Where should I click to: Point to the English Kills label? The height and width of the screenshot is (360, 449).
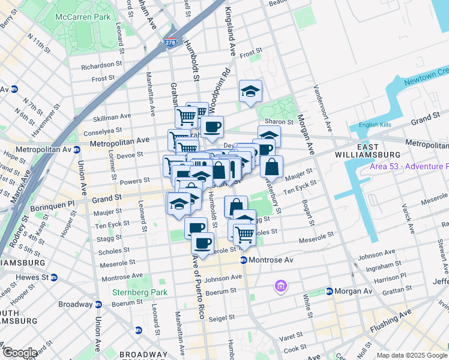pos(375,125)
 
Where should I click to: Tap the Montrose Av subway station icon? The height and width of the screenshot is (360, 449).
pos(244,260)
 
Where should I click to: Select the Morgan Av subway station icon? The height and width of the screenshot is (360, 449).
pos(330,292)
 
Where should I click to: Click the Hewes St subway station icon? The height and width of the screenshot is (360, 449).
pos(54,277)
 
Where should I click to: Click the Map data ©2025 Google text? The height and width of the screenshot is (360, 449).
pos(412,355)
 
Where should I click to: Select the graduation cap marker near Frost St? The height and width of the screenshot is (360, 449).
pos(250,92)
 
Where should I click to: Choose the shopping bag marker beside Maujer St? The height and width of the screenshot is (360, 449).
pos(271,167)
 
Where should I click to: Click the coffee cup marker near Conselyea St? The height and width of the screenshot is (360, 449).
pos(212,127)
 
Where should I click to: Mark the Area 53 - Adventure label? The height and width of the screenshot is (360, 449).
pos(408,166)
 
